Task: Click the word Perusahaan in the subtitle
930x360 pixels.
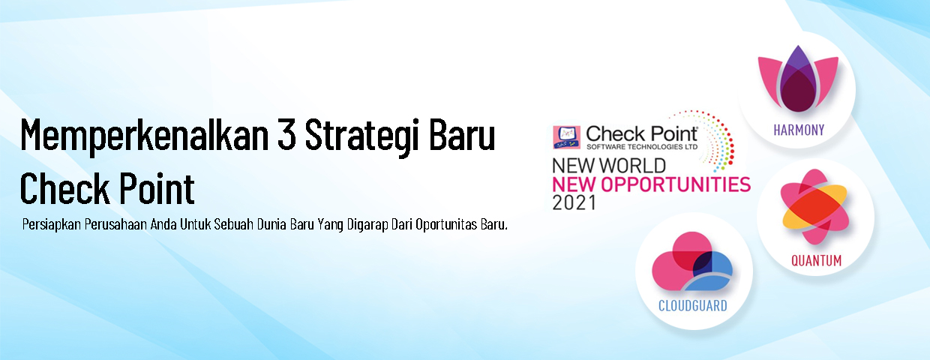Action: pyautogui.click(x=115, y=225)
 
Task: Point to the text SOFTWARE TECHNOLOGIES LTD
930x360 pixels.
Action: pyautogui.click(x=641, y=146)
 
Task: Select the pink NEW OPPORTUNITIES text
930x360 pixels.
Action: pyautogui.click(x=651, y=184)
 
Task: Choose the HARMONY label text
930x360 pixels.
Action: pyautogui.click(x=799, y=130)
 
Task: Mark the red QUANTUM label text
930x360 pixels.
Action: pyautogui.click(x=816, y=261)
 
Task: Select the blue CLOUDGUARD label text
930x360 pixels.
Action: pyautogui.click(x=691, y=305)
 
